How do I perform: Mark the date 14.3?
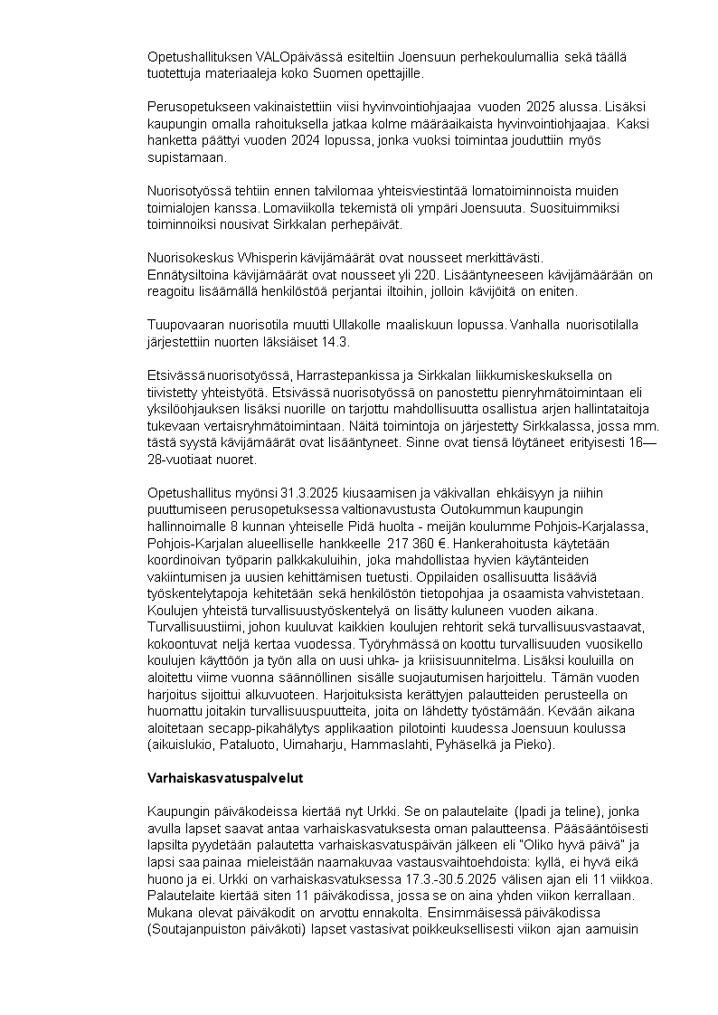pyautogui.click(x=335, y=342)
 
